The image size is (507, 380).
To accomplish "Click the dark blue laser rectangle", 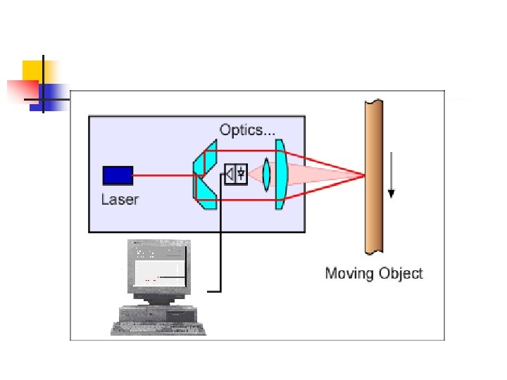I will point(118,175).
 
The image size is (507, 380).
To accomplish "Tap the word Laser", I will point(120,199).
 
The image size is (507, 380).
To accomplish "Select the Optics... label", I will point(246,129).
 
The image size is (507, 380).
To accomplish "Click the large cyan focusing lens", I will point(280,174).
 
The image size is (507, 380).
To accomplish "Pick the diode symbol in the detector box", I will point(242,172).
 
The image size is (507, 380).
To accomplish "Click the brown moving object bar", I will point(373,176).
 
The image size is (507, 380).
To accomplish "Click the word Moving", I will point(349,273).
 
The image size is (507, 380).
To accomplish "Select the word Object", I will point(400,273).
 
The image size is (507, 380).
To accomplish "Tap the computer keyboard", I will point(158,329).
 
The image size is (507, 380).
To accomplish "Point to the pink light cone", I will point(324,175).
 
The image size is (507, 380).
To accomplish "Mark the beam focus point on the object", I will point(363,175).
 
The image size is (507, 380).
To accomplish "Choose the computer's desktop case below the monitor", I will point(161,312).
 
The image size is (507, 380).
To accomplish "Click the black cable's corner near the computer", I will point(220,290).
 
